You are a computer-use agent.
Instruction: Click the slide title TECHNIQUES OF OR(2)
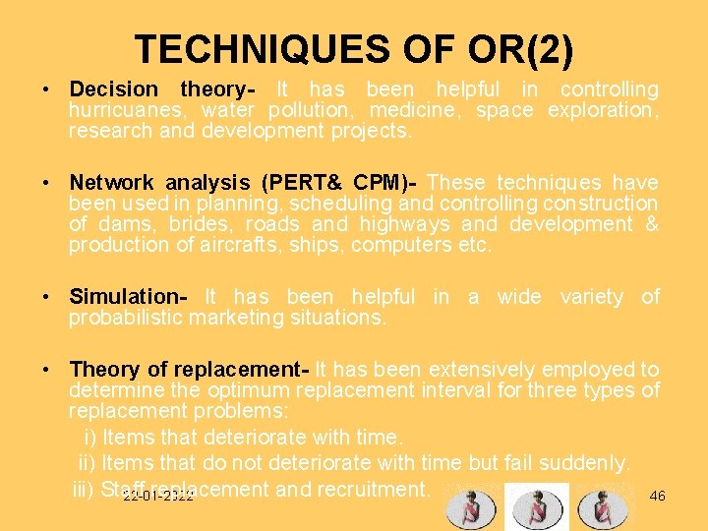click(x=354, y=49)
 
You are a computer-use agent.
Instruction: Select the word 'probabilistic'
click(x=127, y=319)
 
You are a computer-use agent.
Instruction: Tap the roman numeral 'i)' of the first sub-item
click(x=89, y=437)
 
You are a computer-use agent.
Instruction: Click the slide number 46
click(x=658, y=496)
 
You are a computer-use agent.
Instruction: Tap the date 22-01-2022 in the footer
click(x=158, y=497)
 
